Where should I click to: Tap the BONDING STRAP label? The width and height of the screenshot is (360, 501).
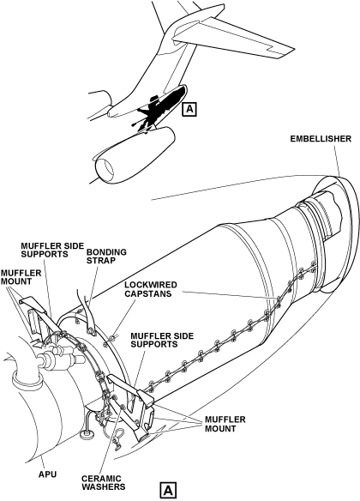(x=106, y=257)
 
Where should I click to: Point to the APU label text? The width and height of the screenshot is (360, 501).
(x=47, y=474)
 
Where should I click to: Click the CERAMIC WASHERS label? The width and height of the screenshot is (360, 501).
(x=104, y=483)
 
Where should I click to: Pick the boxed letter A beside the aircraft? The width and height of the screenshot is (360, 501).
(x=189, y=109)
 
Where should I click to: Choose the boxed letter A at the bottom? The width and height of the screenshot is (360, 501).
(x=168, y=490)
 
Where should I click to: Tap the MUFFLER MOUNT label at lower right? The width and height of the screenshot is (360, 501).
(x=225, y=424)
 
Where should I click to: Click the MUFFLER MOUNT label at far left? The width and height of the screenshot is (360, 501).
(x=21, y=277)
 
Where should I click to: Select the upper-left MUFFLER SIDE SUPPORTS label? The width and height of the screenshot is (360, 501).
(x=52, y=250)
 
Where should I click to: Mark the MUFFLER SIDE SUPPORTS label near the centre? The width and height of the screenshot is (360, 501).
(x=162, y=340)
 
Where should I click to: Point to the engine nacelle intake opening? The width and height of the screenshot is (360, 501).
(x=105, y=168)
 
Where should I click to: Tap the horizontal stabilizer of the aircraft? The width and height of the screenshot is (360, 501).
(x=233, y=39)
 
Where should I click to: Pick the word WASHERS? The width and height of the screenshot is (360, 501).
(x=104, y=487)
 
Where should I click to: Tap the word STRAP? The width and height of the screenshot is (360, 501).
(x=101, y=261)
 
